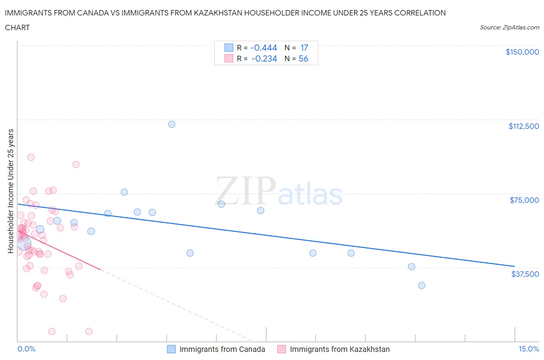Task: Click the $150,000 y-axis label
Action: (x=522, y=52)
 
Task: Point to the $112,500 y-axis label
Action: (x=523, y=126)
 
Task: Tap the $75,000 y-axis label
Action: (x=524, y=200)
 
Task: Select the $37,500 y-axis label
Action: (x=525, y=274)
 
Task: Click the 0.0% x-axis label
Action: (x=26, y=349)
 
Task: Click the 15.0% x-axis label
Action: (x=529, y=349)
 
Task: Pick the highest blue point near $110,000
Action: (x=172, y=124)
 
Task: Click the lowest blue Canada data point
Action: (x=422, y=285)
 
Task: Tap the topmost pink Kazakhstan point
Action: (x=31, y=157)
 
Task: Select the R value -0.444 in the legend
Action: (x=263, y=48)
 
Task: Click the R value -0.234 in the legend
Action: (x=264, y=58)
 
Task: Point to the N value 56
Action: (x=303, y=58)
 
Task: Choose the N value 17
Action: (x=304, y=48)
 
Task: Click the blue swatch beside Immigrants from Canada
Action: (x=171, y=349)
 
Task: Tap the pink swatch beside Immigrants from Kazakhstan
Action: (x=282, y=349)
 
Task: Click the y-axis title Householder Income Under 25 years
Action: (x=11, y=191)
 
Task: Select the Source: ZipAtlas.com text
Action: (x=509, y=27)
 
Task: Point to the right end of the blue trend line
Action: (x=515, y=266)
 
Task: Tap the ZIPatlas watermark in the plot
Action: (x=279, y=191)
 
